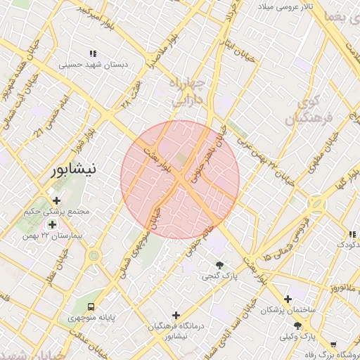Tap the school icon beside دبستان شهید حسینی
[92, 54]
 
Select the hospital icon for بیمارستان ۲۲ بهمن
[52, 224]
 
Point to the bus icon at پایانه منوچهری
[91, 307]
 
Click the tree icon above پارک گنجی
[220, 265]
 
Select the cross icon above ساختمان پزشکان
[287, 300]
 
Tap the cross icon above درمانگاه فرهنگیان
[176, 316]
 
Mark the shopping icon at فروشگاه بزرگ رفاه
[333, 345]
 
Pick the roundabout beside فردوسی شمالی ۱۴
[316, 205]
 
